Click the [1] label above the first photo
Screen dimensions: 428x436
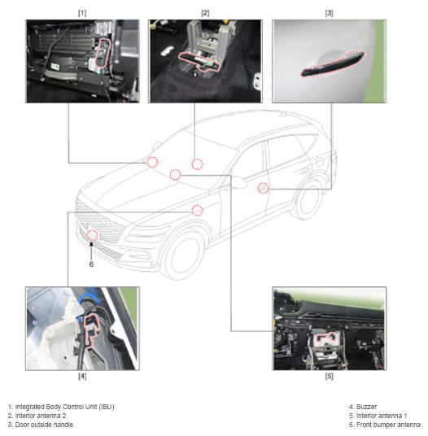pyautogui.click(x=82, y=13)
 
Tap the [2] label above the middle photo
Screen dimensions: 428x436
pyautogui.click(x=205, y=13)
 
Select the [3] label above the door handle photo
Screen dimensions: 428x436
pyautogui.click(x=329, y=13)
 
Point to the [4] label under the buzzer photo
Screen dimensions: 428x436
pyautogui.click(x=82, y=377)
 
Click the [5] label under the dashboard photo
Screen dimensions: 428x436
pyautogui.click(x=329, y=377)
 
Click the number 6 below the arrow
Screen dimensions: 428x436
pyautogui.click(x=91, y=264)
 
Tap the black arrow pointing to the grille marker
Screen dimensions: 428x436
pyautogui.click(x=91, y=251)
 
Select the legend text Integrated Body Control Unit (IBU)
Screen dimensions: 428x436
pyautogui.click(x=64, y=407)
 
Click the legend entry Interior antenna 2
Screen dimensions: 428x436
pyautogui.click(x=41, y=416)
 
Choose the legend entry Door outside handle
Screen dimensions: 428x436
pyautogui.click(x=44, y=425)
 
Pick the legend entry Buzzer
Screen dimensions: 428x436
pyautogui.click(x=366, y=407)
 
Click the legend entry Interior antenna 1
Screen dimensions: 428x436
pyautogui.click(x=382, y=416)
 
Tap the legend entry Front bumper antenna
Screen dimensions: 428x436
pyautogui.click(x=388, y=425)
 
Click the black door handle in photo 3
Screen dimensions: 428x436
pyautogui.click(x=332, y=64)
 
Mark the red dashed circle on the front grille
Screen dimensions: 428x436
pyautogui.click(x=92, y=236)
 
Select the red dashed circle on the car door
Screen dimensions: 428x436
pyautogui.click(x=263, y=188)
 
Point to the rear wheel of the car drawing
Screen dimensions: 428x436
pyautogui.click(x=308, y=198)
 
